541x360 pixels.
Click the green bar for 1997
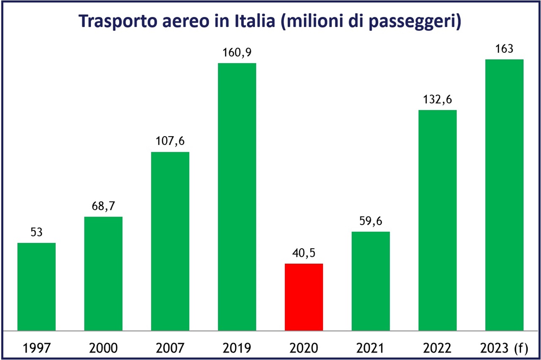tap(36, 286)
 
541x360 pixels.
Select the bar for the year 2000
tap(103, 273)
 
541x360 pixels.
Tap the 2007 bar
tap(170, 241)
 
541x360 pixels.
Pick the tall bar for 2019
tap(237, 197)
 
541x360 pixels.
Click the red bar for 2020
tap(303, 297)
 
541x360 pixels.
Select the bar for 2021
tap(371, 281)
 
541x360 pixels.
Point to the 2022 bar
tap(437, 220)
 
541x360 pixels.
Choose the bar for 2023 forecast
tap(504, 195)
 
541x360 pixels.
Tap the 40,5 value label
tap(303, 253)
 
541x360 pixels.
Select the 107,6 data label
tap(170, 142)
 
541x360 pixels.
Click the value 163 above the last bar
tap(504, 49)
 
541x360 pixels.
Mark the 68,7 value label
tap(103, 206)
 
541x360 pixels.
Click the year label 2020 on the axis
tap(303, 348)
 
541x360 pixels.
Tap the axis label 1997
tap(36, 348)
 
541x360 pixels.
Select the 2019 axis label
tap(237, 348)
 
